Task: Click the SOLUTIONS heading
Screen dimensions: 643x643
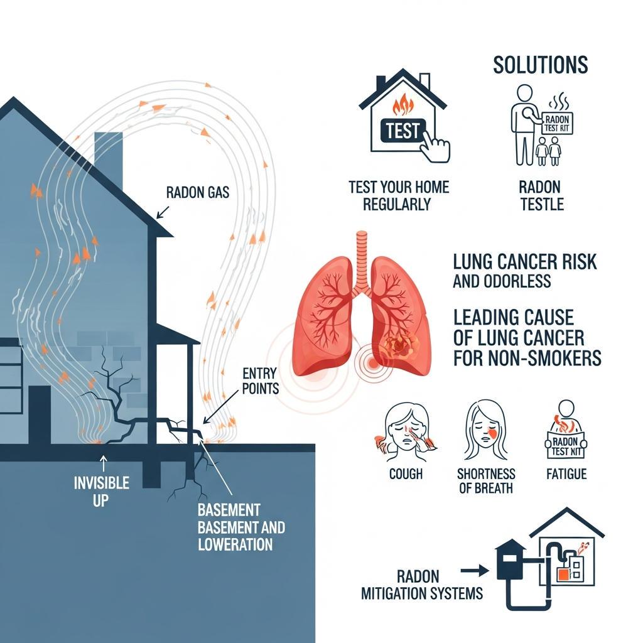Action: point(540,65)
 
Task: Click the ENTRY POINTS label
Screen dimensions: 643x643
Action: point(260,382)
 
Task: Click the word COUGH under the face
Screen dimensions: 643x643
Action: point(406,473)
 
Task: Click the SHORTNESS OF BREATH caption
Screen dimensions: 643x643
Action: point(486,481)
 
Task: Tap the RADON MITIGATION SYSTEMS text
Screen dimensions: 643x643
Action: point(422,585)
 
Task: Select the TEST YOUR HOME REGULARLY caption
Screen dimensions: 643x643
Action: point(399,195)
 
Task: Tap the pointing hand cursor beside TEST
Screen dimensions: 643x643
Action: point(435,145)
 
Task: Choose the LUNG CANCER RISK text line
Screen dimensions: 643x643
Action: point(524,262)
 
